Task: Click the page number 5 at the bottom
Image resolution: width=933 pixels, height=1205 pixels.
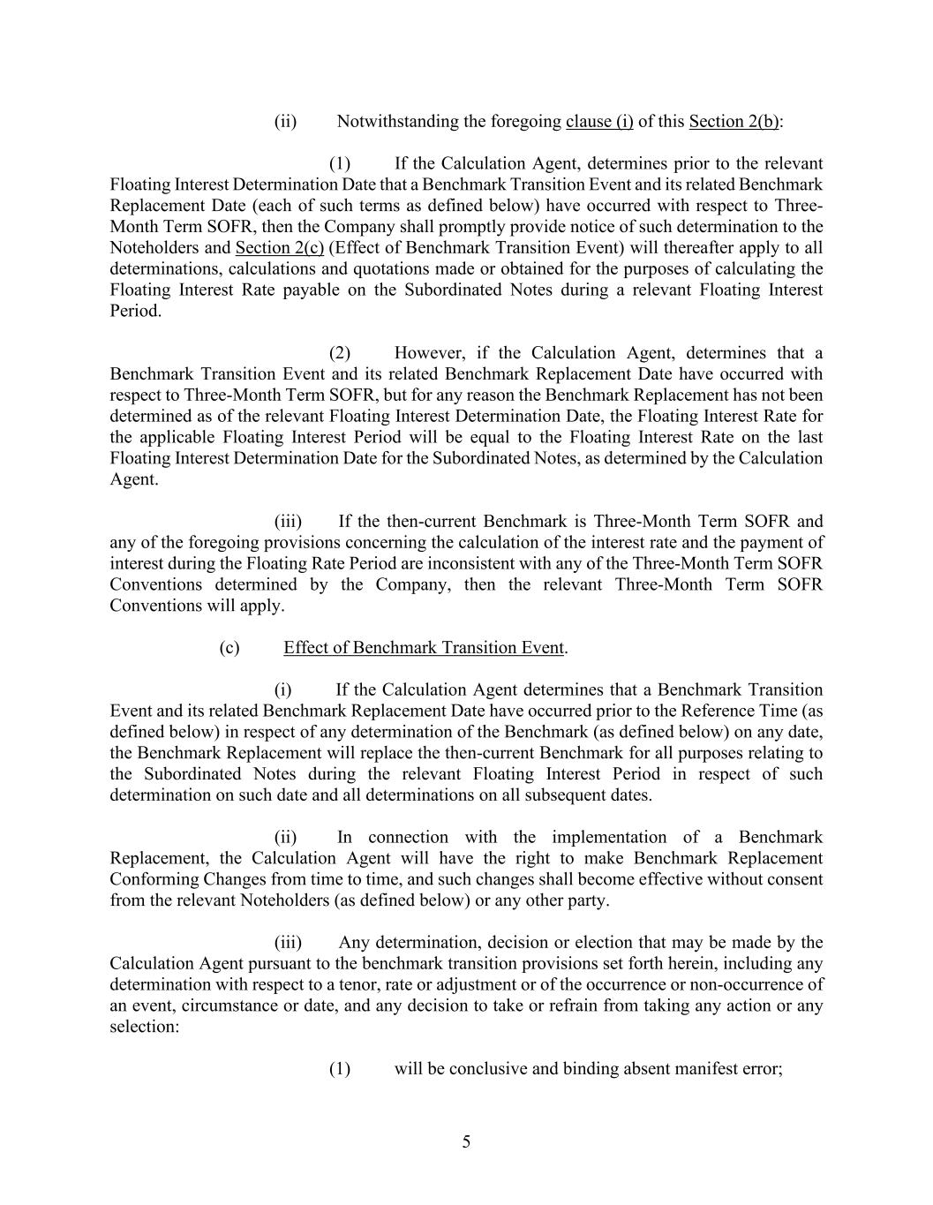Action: point(466,1142)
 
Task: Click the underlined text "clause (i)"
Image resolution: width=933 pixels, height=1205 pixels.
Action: point(599,122)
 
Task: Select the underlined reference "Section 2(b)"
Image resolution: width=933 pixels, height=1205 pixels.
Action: point(734,122)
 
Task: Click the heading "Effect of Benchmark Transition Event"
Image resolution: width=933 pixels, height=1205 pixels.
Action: point(423,648)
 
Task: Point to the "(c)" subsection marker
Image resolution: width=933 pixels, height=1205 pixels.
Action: point(229,648)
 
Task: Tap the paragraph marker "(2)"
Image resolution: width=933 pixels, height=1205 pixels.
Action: point(340,353)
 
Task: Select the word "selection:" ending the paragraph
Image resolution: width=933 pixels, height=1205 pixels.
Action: point(145,1028)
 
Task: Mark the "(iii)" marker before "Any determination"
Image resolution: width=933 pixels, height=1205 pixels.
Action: point(288,943)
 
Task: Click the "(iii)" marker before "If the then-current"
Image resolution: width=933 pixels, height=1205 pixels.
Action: point(288,522)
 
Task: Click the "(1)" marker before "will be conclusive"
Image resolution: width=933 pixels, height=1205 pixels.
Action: point(340,1069)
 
